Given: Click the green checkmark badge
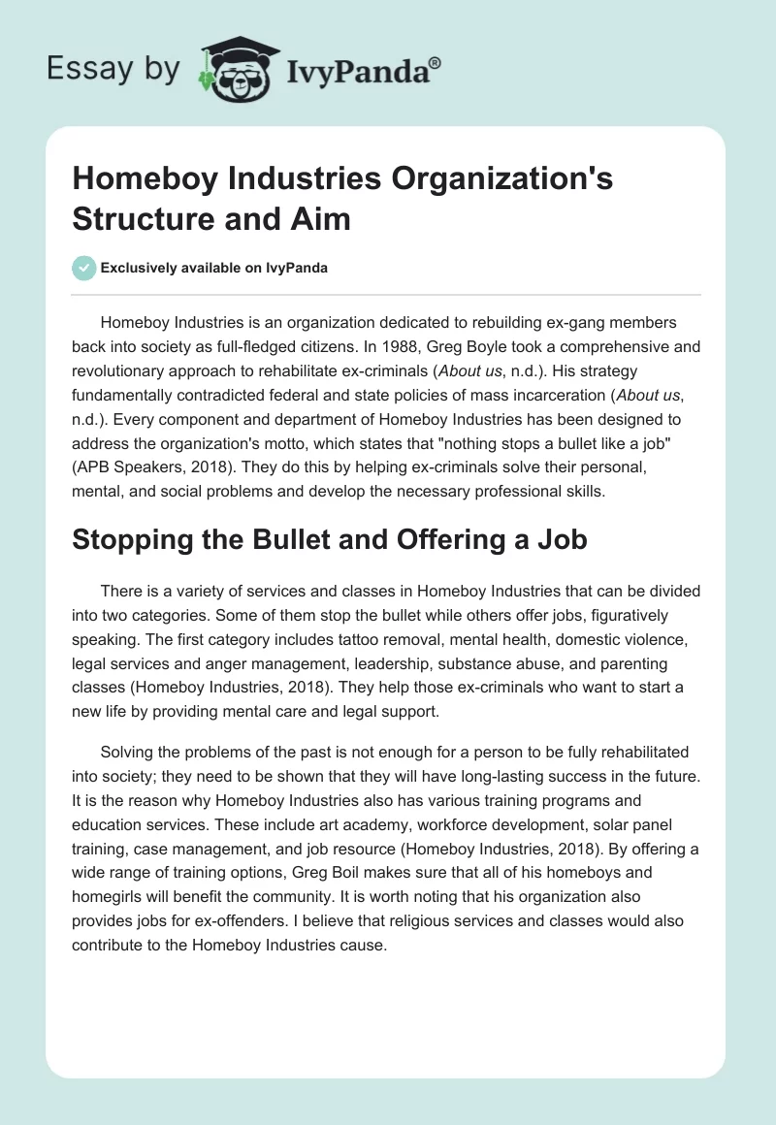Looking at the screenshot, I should tap(83, 268).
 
